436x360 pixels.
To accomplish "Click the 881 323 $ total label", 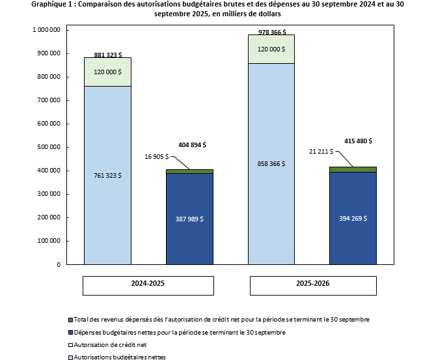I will click(107, 55).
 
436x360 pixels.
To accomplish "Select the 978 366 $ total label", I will click(270, 31).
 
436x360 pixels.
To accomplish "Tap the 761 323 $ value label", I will click(107, 176).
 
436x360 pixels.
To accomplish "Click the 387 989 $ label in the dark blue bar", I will click(189, 219).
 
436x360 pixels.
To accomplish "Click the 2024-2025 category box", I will click(148, 285).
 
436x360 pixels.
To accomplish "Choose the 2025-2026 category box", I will click(313, 285).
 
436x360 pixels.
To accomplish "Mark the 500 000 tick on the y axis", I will click(50, 147).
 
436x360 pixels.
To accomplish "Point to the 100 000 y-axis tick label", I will click(50, 242).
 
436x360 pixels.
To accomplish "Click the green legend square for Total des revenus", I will click(70, 320).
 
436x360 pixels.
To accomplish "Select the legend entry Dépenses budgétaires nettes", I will click(179, 332).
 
